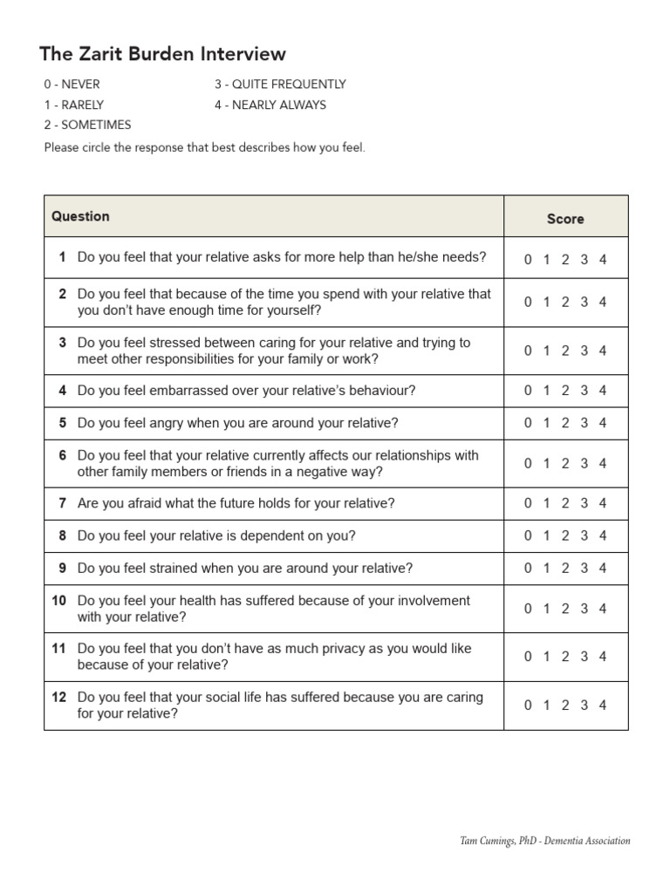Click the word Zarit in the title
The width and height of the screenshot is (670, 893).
tap(106, 54)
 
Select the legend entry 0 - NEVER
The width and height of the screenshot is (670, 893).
tap(72, 85)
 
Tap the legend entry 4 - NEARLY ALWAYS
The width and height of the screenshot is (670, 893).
tap(270, 105)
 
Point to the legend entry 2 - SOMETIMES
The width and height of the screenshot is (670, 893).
tap(87, 125)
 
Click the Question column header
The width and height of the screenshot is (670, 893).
tap(80, 216)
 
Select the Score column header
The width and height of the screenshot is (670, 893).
tap(565, 219)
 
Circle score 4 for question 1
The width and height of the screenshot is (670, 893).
tap(603, 259)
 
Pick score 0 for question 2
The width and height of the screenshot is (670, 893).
tap(528, 302)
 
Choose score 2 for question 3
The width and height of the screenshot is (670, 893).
tap(565, 351)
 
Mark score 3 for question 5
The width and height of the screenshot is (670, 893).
tap(584, 423)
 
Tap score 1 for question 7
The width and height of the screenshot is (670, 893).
tap(546, 503)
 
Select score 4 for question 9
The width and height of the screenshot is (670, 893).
tap(603, 568)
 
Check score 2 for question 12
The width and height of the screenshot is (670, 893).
tap(565, 706)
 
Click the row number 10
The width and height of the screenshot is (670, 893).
tap(59, 601)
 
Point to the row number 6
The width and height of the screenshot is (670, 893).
tap(63, 455)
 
